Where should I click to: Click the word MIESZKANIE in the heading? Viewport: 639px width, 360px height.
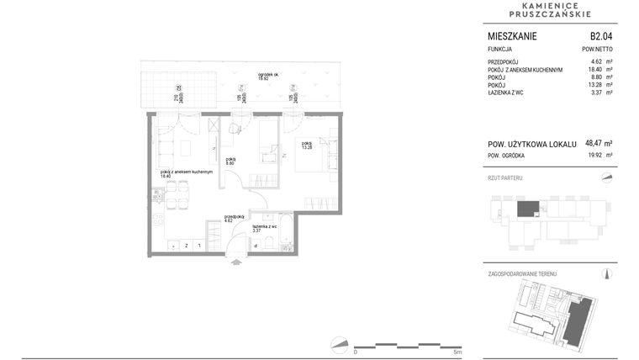[512, 36]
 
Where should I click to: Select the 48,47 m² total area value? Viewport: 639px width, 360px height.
[597, 143]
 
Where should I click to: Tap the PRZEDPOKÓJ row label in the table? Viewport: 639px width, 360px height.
[505, 62]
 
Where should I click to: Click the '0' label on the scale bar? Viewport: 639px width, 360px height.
[356, 352]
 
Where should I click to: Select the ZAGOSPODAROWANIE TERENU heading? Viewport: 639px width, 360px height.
[522, 274]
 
